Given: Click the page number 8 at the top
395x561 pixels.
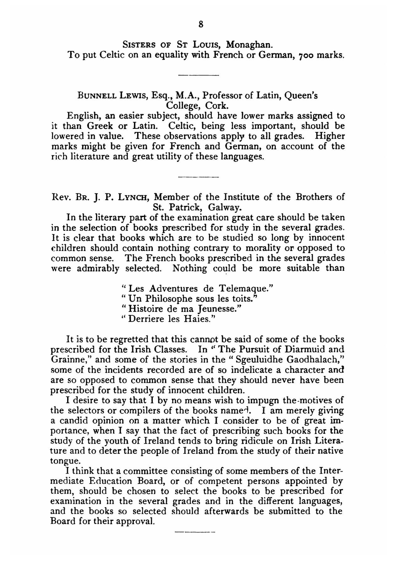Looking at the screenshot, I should tap(201, 25).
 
